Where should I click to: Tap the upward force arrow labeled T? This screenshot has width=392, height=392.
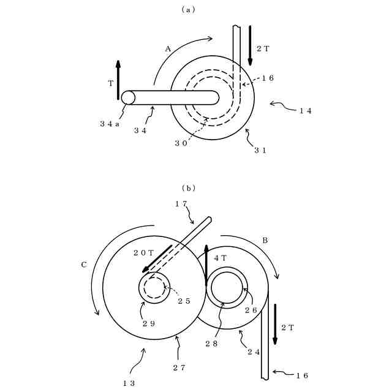pyautogui.click(x=118, y=80)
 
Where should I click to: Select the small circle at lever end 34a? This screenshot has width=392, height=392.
pyautogui.click(x=128, y=98)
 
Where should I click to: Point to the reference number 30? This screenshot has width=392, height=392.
pyautogui.click(x=181, y=142)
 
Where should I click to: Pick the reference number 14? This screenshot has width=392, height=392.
pyautogui.click(x=306, y=111)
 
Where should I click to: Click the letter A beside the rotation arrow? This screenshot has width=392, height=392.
pyautogui.click(x=168, y=48)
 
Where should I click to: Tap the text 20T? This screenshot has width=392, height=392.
pyautogui.click(x=143, y=252)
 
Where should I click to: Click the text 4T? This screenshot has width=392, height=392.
pyautogui.click(x=220, y=258)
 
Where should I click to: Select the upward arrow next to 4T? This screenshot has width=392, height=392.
pyautogui.click(x=206, y=263)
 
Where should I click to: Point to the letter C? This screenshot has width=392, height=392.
pyautogui.click(x=84, y=265)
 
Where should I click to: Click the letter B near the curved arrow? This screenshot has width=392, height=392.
pyautogui.click(x=265, y=241)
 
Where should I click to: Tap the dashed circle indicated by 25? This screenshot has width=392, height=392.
pyautogui.click(x=154, y=287)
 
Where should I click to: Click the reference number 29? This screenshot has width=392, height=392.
pyautogui.click(x=149, y=323)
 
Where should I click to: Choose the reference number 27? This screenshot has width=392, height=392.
pyautogui.click(x=179, y=367)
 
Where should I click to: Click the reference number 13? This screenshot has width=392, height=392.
pyautogui.click(x=129, y=383)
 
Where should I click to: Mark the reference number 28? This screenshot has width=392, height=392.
pyautogui.click(x=211, y=345)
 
